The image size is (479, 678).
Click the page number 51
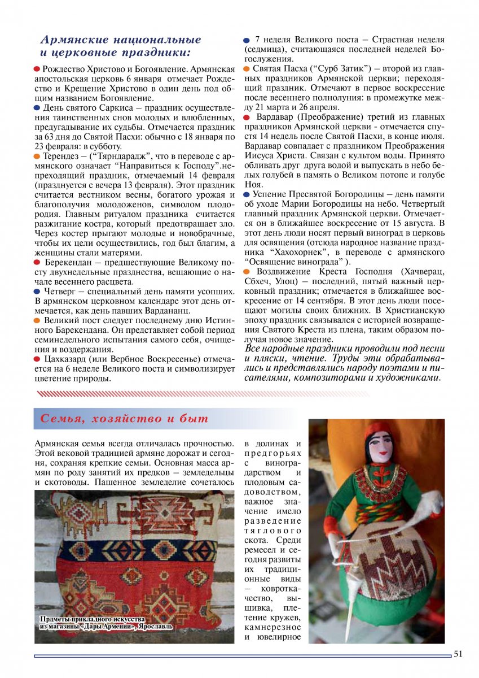pos(458,654)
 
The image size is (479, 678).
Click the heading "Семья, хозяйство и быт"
pos(124,419)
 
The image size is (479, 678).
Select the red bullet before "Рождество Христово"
pos(37,68)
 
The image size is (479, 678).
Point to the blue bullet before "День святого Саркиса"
pos(37,107)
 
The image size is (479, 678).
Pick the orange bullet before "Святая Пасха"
pos(247,68)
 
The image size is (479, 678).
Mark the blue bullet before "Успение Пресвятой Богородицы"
pos(247,194)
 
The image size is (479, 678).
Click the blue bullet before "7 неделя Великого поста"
pos(247,41)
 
